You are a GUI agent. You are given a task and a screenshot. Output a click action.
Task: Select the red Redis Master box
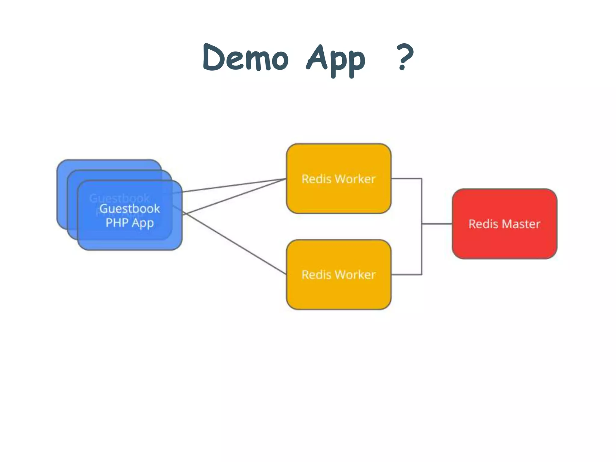(504, 241)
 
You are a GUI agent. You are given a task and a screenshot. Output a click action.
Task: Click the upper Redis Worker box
(339, 196)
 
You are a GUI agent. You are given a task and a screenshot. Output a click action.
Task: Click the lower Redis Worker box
(339, 292)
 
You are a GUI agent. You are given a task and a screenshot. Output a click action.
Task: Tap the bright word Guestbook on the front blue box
(130, 208)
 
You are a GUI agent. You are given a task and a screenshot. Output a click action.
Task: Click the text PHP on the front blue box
(117, 223)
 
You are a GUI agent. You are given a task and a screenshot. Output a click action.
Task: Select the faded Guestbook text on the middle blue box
(119, 198)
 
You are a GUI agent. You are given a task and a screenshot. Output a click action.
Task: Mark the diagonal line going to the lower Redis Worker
(235, 244)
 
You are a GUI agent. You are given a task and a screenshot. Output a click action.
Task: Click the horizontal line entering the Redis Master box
(437, 224)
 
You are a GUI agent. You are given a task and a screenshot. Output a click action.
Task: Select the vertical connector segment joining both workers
(422, 205)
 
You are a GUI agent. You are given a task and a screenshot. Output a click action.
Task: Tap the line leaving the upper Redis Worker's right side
(406, 179)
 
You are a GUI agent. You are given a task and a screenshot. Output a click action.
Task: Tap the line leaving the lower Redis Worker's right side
(406, 274)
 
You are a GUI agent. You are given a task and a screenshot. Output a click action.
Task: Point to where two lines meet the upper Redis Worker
(285, 179)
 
